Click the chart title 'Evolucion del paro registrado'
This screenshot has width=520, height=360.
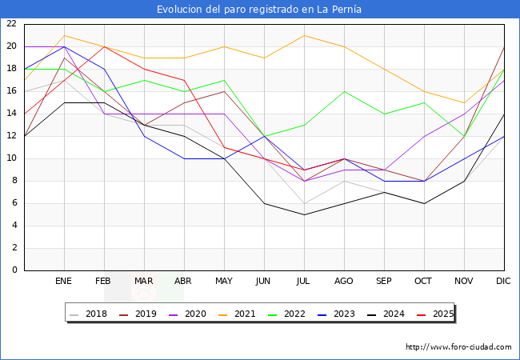tap(259, 10)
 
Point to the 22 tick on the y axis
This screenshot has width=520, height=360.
tap(11, 24)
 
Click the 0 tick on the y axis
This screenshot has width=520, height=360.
tap(14, 270)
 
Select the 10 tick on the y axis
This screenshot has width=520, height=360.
tap(11, 158)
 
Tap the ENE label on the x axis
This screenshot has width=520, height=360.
tap(64, 282)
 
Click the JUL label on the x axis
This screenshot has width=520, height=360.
tap(304, 282)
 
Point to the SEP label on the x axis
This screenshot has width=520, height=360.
tap(384, 282)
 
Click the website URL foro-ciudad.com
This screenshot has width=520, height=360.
tap(458, 347)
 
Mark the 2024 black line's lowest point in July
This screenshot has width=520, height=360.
tap(304, 214)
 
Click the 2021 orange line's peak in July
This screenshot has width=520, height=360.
tap(304, 35)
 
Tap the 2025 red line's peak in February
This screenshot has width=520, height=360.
tap(104, 46)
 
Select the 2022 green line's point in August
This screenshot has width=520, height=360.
tap(344, 91)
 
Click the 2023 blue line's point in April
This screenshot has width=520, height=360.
tap(184, 158)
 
